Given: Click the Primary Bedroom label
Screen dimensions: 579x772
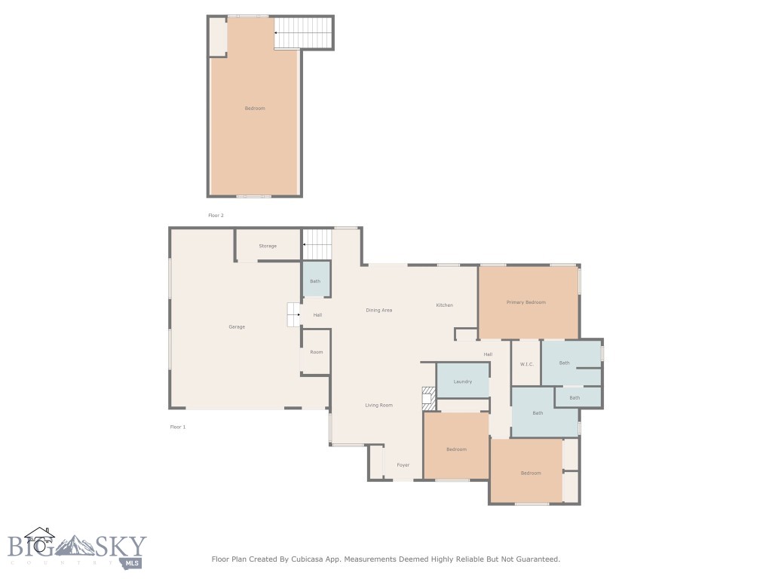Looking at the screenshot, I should click(x=525, y=302).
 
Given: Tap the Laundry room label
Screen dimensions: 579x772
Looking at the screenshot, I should click(x=463, y=381).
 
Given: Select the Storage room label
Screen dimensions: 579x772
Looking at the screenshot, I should click(x=268, y=247).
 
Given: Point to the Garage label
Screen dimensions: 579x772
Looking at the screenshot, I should click(x=237, y=327).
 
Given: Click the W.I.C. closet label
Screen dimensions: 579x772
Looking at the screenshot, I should click(x=526, y=365).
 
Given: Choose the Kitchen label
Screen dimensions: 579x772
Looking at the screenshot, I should click(x=445, y=305).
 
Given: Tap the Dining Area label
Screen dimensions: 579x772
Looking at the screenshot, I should click(x=378, y=311).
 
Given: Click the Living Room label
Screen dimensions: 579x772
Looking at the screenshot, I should click(x=378, y=406).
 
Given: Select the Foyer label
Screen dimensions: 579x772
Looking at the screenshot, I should click(x=403, y=465).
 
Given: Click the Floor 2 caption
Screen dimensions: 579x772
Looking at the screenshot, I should click(x=216, y=216).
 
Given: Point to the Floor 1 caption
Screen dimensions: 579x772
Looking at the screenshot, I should click(x=178, y=427).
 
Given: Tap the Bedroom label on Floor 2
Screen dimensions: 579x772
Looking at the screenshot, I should click(x=255, y=109).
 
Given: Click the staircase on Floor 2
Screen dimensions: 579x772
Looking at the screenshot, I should click(x=304, y=33).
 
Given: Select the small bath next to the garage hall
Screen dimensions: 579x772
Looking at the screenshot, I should click(x=316, y=280).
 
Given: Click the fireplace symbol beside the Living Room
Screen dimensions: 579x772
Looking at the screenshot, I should click(x=428, y=399).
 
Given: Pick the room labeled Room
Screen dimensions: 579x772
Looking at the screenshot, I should click(x=316, y=352).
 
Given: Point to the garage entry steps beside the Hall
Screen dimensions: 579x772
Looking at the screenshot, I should click(x=294, y=314).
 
